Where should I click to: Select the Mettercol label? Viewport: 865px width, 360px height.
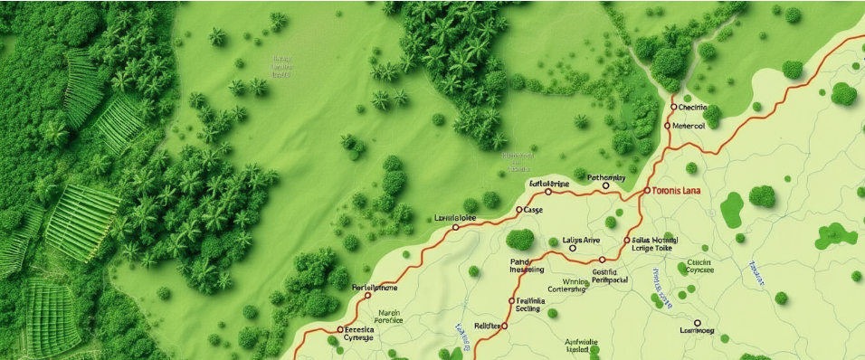689,126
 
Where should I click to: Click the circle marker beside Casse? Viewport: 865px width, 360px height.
518,210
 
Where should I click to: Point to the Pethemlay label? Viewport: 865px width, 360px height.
606,177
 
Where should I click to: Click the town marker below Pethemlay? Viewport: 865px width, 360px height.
605,186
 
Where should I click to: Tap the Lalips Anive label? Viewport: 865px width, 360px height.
582,240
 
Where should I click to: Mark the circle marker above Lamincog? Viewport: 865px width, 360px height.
697,322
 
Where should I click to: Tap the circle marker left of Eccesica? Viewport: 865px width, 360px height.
340,330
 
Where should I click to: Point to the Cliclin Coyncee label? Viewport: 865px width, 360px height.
699,265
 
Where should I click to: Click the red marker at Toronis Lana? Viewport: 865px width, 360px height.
647,192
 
